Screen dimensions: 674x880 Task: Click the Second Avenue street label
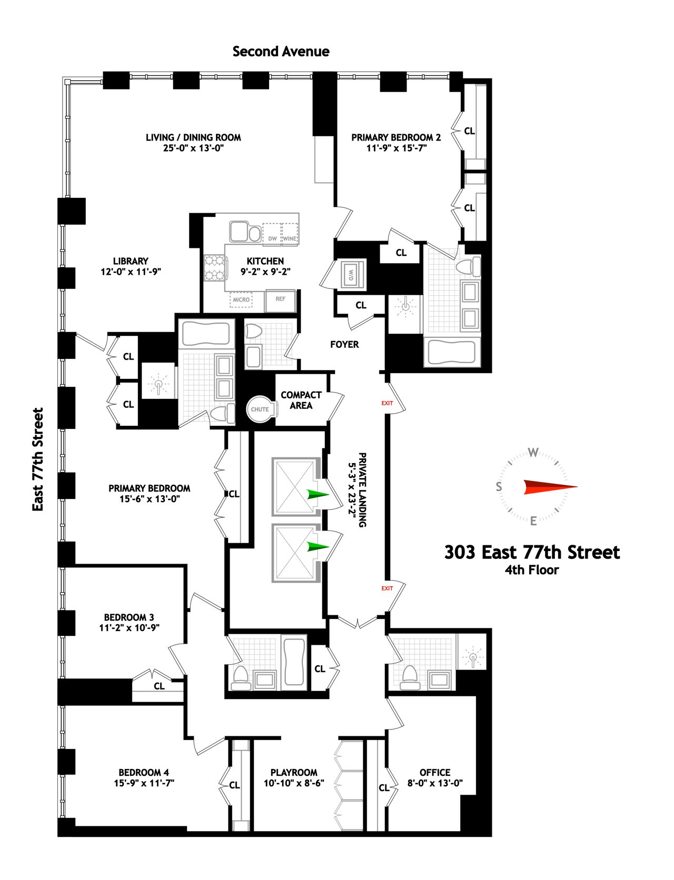point(281,52)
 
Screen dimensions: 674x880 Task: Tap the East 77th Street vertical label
point(38,459)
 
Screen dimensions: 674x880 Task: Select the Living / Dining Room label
point(193,137)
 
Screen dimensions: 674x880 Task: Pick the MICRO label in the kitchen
point(241,299)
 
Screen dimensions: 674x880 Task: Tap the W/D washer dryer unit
point(351,274)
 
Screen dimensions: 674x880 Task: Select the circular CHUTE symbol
point(260,409)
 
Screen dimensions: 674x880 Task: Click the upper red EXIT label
point(387,403)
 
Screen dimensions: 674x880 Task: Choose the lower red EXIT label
point(387,588)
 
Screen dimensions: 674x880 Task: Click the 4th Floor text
point(532,569)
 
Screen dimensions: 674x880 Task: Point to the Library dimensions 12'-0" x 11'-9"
point(131,272)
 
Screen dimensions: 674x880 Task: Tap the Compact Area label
point(301,400)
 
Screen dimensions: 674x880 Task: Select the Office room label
point(435,772)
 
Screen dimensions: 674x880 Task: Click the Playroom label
point(294,772)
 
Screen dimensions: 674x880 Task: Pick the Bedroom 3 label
point(129,617)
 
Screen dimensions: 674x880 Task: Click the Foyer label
point(344,344)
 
